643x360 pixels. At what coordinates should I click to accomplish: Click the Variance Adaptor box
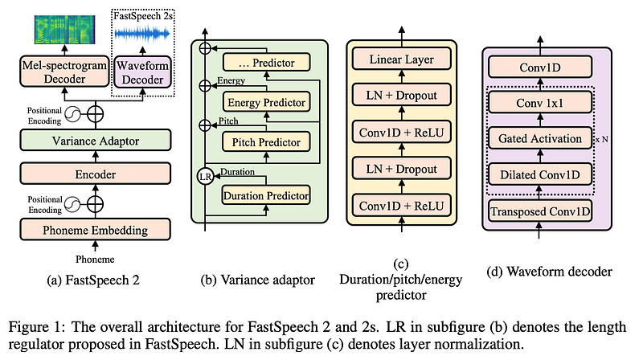[x=96, y=141]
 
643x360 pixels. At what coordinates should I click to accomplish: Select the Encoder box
[x=96, y=174]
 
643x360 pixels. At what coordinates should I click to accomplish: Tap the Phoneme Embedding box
[x=96, y=230]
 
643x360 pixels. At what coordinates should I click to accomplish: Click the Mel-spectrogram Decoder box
[x=64, y=72]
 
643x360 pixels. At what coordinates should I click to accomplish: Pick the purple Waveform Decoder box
[x=143, y=72]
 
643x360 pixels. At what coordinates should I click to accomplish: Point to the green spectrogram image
[x=65, y=30]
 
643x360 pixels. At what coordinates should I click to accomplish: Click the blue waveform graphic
[x=142, y=34]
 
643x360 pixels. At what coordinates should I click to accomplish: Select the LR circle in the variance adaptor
[x=205, y=177]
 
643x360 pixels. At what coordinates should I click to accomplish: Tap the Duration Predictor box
[x=266, y=195]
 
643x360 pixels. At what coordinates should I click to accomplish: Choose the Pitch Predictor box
[x=266, y=142]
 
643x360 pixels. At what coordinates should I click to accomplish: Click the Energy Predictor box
[x=266, y=102]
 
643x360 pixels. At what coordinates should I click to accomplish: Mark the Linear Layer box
[x=401, y=59]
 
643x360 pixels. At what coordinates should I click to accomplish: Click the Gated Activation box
[x=540, y=138]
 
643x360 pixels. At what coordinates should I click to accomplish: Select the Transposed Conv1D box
[x=540, y=211]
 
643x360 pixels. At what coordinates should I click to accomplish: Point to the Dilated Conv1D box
[x=540, y=174]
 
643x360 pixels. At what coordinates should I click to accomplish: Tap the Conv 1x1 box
[x=540, y=103]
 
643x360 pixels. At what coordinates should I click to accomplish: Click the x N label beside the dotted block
[x=602, y=139]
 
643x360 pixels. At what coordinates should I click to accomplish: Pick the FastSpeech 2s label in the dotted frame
[x=143, y=16]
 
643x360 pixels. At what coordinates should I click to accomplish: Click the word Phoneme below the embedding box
[x=95, y=259]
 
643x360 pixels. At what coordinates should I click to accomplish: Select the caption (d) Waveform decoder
[x=549, y=272]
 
